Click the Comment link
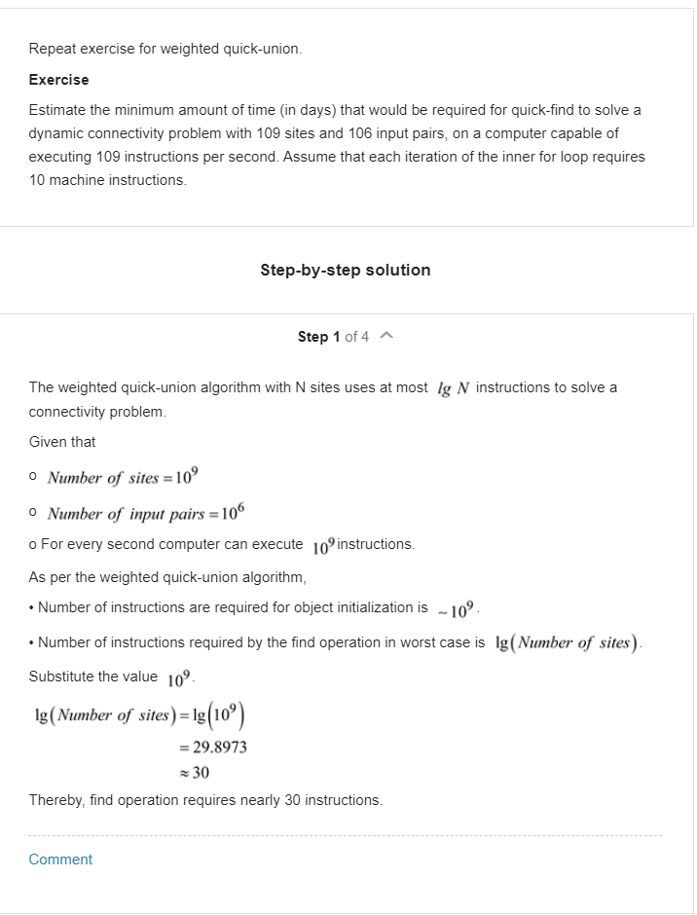pos(60,860)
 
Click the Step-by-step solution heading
pos(345,270)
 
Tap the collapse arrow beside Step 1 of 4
pos(386,337)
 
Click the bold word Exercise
pos(58,80)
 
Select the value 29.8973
pos(218,748)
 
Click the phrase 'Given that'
pos(62,442)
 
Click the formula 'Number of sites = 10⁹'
pos(124,477)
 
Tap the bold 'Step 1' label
pos(318,337)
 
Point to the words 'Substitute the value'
pos(92,677)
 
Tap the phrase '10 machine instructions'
pos(107,180)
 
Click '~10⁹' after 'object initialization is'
pos(456,608)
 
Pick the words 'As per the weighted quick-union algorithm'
pos(167,577)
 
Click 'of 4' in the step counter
pos(356,337)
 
